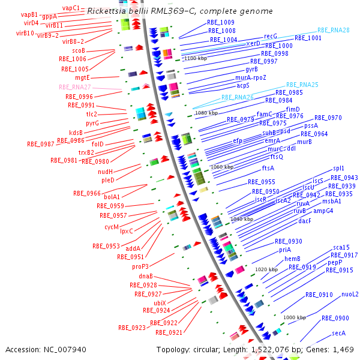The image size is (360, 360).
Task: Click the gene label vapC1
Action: tap(71, 8)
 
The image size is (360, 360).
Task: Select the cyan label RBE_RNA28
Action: tap(334, 29)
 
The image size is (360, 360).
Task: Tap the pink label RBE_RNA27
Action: tap(74, 87)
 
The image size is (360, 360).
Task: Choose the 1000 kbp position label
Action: tap(294, 317)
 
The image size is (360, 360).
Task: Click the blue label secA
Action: tap(339, 333)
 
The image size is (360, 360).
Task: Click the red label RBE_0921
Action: tap(169, 332)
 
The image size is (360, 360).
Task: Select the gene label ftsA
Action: tap(268, 168)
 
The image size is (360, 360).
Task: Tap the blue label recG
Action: tap(271, 37)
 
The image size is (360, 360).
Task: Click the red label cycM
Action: tap(112, 227)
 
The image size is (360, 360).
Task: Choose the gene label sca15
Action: tap(341, 247)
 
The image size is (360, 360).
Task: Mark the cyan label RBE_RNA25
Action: tap(302, 85)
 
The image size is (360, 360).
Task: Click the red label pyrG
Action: tap(92, 123)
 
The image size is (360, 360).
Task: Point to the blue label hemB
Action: tap(292, 259)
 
